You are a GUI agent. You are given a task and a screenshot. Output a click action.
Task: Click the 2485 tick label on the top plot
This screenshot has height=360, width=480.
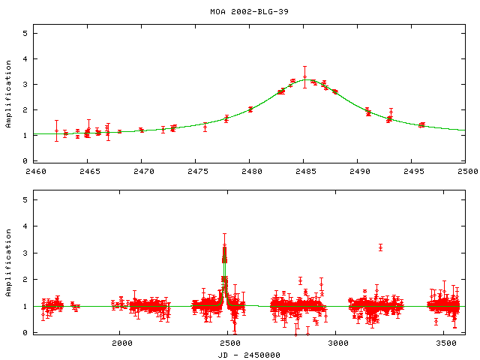pyautogui.click(x=304, y=172)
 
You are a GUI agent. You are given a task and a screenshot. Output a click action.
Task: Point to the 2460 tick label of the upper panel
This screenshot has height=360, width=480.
pyautogui.click(x=34, y=172)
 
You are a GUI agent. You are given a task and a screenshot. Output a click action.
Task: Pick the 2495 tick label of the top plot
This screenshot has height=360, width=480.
pyautogui.click(x=412, y=172)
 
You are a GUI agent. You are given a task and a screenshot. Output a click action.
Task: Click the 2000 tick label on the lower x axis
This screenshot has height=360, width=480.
pyautogui.click(x=121, y=343)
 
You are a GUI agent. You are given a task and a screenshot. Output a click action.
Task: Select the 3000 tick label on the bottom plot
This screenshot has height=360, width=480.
pyautogui.click(x=338, y=343)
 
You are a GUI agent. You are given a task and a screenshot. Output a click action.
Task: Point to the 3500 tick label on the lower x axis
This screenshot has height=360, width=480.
pyautogui.click(x=446, y=343)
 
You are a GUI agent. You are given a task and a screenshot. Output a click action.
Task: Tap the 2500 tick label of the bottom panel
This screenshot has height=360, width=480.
pyautogui.click(x=229, y=343)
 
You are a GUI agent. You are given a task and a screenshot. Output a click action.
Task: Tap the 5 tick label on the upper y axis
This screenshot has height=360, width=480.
pyautogui.click(x=25, y=33)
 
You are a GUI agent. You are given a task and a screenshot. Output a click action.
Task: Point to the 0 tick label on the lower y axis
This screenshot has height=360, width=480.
pyautogui.click(x=25, y=332)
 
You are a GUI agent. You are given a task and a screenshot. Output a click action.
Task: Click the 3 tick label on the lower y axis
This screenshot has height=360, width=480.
pyautogui.click(x=25, y=253)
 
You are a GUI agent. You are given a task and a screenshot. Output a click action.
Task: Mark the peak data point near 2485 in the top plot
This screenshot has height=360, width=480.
pyautogui.click(x=304, y=76)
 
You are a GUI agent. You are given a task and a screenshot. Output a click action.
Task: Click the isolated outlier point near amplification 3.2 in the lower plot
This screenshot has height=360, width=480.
pyautogui.click(x=381, y=247)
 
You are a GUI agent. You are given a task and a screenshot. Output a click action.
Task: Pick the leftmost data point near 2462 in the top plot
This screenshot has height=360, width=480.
pyautogui.click(x=56, y=130)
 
